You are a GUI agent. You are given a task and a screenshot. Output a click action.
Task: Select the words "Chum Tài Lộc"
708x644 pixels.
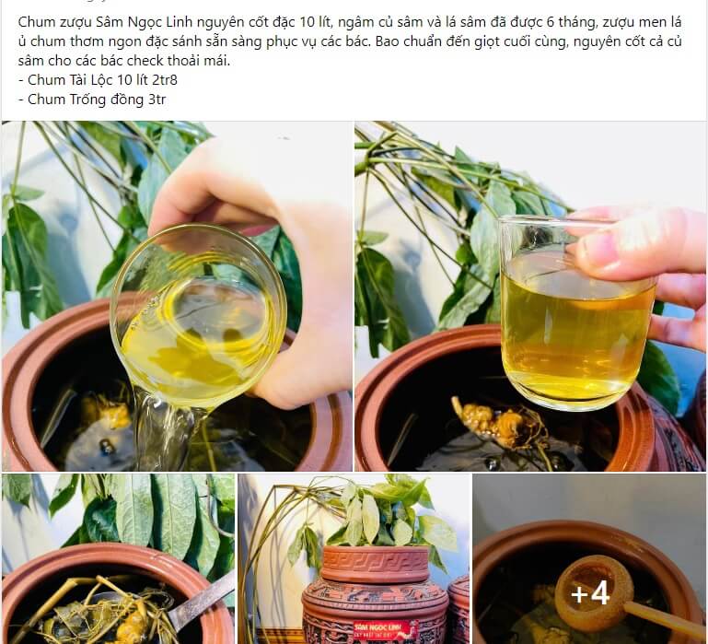point(68,79)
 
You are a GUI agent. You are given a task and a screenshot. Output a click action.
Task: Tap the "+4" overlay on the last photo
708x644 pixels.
point(589,594)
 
